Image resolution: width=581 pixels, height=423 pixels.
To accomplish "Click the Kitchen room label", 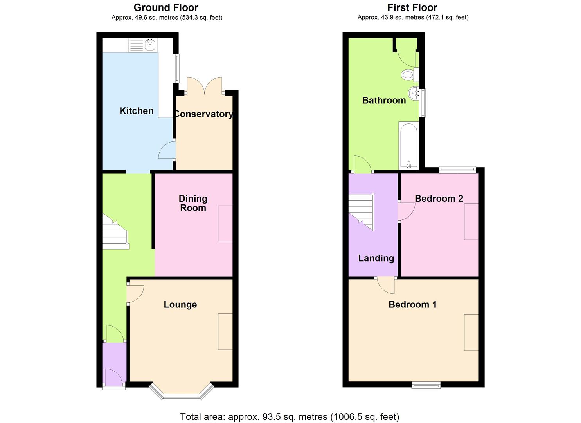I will coord(137,111).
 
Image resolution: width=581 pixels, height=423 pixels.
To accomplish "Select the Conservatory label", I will coord(203,114).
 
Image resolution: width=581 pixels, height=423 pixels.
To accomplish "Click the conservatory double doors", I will coord(205,85).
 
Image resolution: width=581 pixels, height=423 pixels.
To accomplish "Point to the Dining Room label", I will coord(193,203).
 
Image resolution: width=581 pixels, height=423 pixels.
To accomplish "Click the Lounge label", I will coord(180,305).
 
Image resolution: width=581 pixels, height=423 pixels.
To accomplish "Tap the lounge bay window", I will coord(182,394).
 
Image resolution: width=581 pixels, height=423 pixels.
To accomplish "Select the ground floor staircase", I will coord(115,233).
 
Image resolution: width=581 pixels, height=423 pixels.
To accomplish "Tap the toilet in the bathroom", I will coord(408,74).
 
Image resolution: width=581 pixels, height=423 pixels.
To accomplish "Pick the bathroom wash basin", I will coord(414,94).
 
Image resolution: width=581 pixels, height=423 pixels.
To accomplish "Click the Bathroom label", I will coord(384,101).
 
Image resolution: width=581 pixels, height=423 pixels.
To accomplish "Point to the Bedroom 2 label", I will coord(439,199).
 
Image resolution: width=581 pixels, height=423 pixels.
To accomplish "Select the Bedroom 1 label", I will coord(412,305).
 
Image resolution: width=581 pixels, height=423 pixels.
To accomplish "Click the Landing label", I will coord(376,258).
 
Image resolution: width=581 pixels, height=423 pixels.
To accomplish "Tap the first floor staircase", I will coord(362,211).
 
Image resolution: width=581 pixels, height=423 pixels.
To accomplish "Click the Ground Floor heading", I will coord(166,7).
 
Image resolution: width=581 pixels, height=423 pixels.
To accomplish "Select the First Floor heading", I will coord(412,7).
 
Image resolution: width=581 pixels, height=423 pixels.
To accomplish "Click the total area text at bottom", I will coord(290,417).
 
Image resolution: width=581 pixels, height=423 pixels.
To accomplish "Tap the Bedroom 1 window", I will coord(426,385).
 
